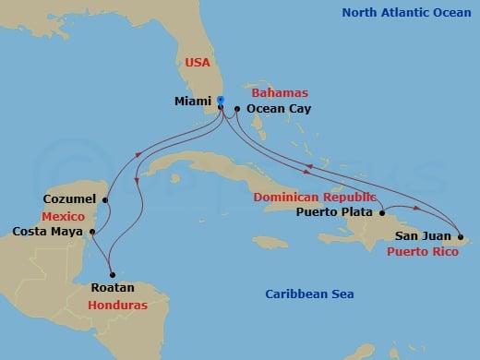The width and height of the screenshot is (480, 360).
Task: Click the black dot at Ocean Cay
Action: pos(237,109)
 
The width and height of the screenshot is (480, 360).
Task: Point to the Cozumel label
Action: pos(70,198)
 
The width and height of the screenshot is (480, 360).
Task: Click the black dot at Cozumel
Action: pos(106,199)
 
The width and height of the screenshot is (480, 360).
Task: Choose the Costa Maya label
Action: pos(45,230)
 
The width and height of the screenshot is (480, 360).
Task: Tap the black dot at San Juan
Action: pos(459,235)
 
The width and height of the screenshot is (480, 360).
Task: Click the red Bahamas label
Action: pos(282,93)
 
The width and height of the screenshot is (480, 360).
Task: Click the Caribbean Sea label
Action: pos(309,294)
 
